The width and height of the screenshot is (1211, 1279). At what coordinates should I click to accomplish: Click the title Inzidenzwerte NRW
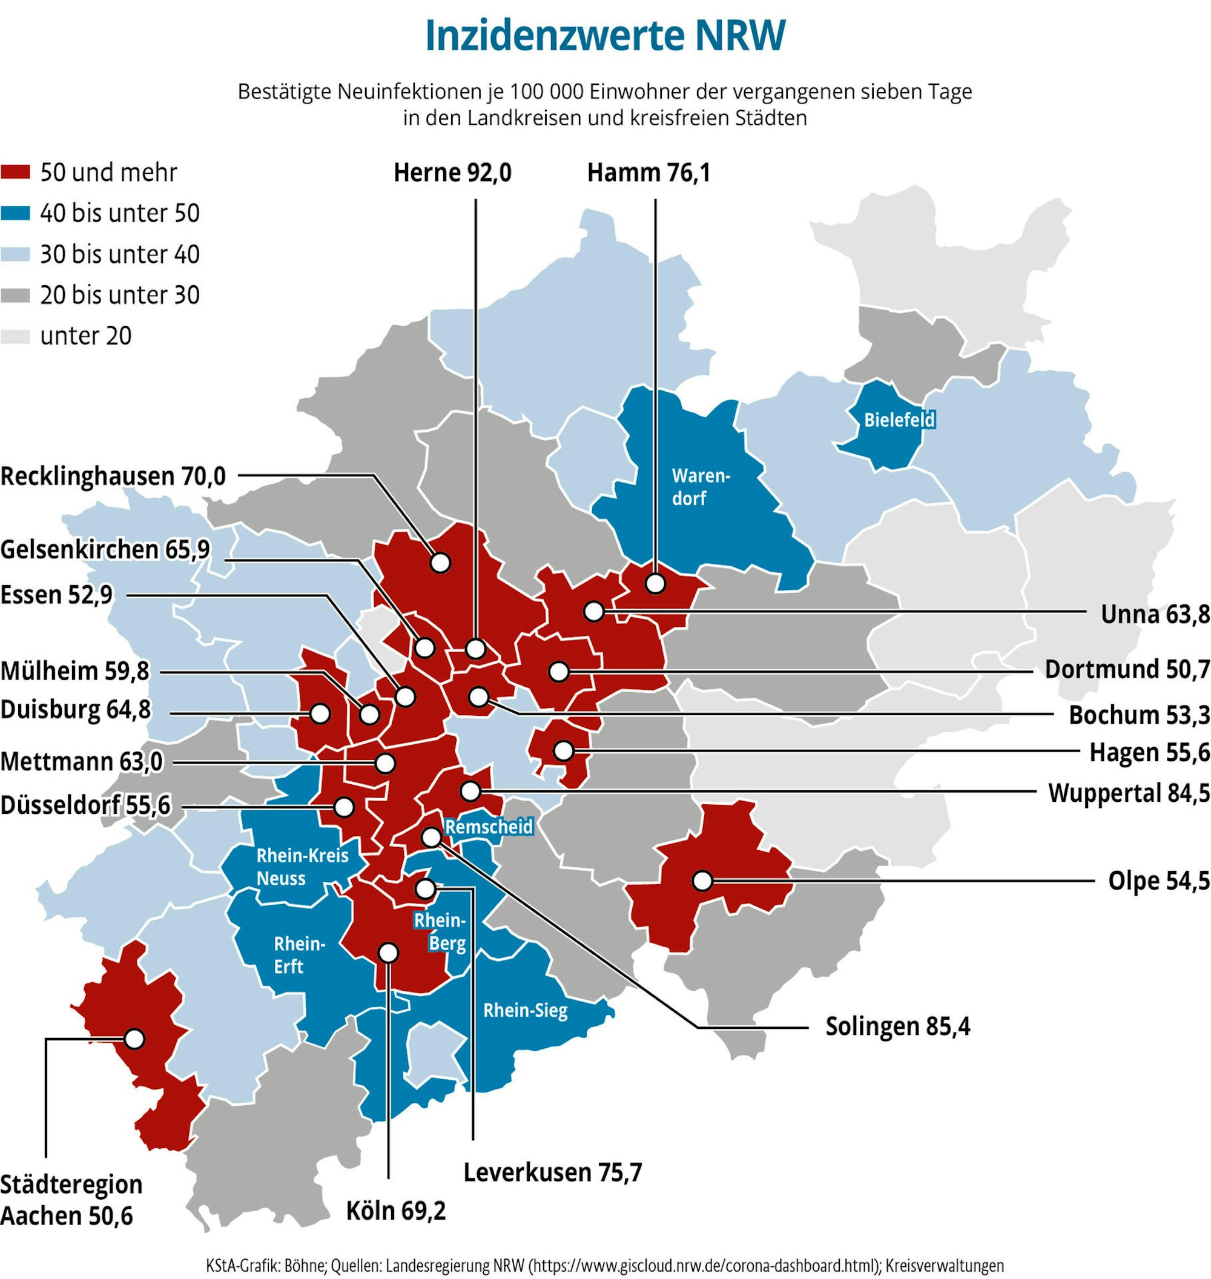coord(605,36)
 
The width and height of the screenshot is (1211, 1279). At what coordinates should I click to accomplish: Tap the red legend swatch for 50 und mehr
coord(16,173)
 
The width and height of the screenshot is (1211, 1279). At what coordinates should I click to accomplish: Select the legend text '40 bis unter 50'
coord(119,213)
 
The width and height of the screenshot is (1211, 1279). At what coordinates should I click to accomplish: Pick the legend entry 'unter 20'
coord(85,335)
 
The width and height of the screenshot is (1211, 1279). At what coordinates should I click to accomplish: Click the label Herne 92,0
coord(452,173)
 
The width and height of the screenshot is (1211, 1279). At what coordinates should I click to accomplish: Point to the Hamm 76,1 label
coord(648,173)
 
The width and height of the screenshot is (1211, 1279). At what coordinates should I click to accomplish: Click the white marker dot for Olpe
coord(702,880)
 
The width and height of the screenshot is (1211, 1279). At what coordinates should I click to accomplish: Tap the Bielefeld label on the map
coord(899,420)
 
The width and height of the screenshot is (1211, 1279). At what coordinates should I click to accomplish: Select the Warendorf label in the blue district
coord(701,487)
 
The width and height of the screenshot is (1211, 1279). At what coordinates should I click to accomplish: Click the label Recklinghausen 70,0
coord(113,476)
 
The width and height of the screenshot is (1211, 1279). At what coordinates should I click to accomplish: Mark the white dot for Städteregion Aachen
coord(134,1039)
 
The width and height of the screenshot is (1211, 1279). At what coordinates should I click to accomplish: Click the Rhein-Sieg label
coord(525,1010)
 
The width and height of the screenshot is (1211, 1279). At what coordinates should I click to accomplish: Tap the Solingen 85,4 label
coord(897,1026)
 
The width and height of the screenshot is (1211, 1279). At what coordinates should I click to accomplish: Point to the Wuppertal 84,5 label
coord(1129,793)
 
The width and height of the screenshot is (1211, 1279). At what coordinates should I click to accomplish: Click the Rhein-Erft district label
coord(299,955)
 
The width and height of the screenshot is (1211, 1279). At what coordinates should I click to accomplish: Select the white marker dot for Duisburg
coord(320,714)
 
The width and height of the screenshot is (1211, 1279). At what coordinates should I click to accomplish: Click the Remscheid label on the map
coord(489,827)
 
